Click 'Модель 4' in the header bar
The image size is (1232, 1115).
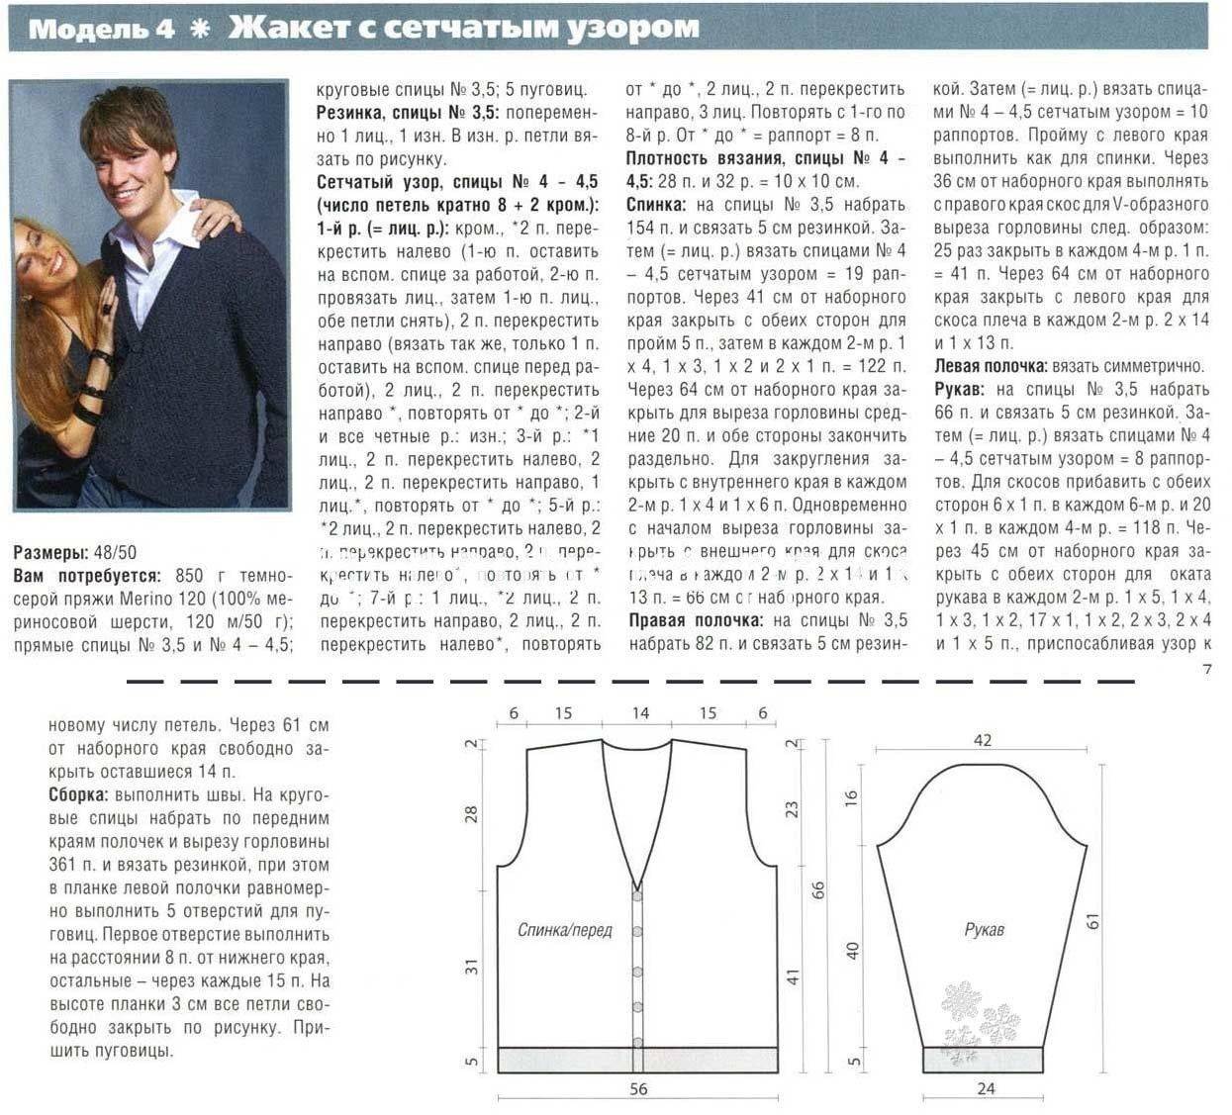(101, 29)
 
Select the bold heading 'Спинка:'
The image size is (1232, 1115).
(657, 205)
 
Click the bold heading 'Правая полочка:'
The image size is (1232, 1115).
(695, 620)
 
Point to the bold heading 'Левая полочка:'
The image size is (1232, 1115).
(991, 366)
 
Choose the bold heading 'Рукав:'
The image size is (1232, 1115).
(959, 389)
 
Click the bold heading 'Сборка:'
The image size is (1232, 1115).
(79, 794)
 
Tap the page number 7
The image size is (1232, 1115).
(1206, 669)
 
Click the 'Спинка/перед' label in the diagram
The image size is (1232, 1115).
(565, 930)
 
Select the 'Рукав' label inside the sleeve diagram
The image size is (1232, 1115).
(984, 930)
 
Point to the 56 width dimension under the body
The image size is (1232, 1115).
(638, 1088)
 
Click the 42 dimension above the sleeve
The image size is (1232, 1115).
(982, 740)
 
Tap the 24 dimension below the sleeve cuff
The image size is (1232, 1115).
(985, 1088)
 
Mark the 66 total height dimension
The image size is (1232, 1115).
(818, 889)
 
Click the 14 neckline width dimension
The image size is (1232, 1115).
(639, 712)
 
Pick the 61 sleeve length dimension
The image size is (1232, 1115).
(1092, 920)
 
